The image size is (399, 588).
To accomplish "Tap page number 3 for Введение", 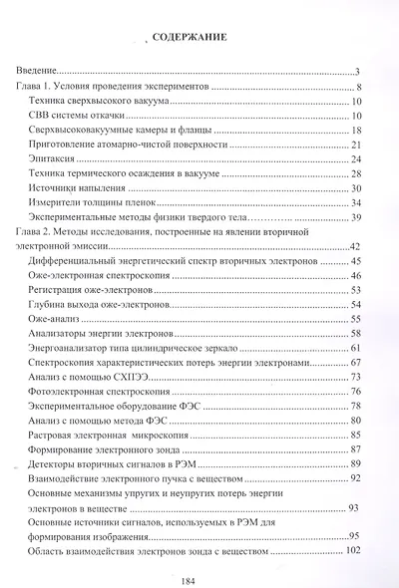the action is click(356, 72).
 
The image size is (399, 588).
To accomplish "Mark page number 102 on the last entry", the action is click(350, 551).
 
